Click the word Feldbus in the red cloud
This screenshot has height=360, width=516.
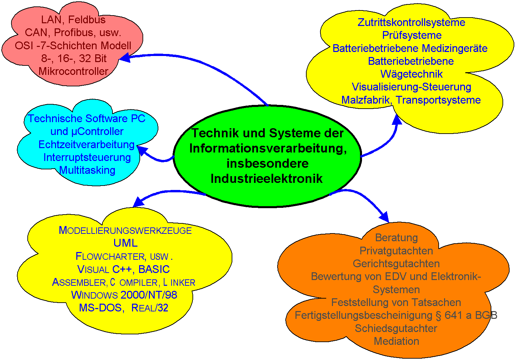coord(87,20)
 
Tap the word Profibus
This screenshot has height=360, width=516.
coord(74,33)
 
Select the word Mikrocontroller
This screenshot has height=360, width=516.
coord(74,71)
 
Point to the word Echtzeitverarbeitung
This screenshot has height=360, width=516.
coord(86,145)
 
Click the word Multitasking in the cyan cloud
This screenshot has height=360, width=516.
coord(87,170)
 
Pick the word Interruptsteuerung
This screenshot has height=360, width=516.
coord(87,158)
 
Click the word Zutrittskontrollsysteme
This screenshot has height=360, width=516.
coord(411,23)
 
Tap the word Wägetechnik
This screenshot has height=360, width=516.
coord(411,74)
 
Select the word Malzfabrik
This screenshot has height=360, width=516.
coord(365,100)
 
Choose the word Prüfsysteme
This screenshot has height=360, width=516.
coord(412,35)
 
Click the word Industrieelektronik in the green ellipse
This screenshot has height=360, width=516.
coord(266,178)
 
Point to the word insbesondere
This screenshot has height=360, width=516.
coord(267,163)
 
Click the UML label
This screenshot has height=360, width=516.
coord(126,243)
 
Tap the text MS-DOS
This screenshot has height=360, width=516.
coord(100,308)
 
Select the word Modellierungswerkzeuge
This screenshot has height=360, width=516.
coord(125,230)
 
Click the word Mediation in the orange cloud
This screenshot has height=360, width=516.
coord(396,341)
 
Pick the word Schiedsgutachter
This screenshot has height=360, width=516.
coord(396,329)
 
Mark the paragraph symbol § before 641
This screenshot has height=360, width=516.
coord(438,316)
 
